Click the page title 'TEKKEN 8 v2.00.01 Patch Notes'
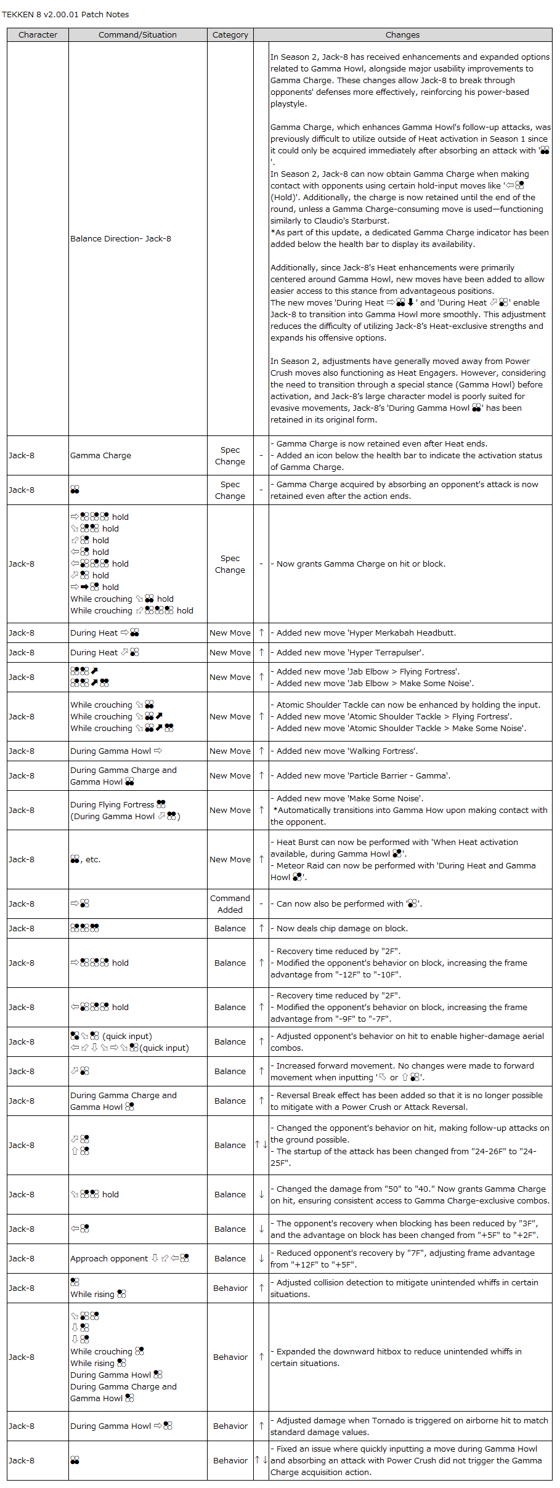click(x=65, y=14)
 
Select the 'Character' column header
click(x=38, y=35)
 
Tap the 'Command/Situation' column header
click(x=137, y=35)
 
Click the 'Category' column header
click(x=230, y=35)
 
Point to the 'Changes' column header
click(x=402, y=35)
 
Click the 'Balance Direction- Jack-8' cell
click(x=121, y=239)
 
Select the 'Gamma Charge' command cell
click(x=100, y=456)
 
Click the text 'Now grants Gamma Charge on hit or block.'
click(x=360, y=564)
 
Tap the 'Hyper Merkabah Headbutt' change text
click(x=366, y=633)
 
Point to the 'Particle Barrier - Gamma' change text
click(x=363, y=776)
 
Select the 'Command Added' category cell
click(x=230, y=904)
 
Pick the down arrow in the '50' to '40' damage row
click(x=261, y=1195)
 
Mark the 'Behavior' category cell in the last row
click(x=230, y=1461)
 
